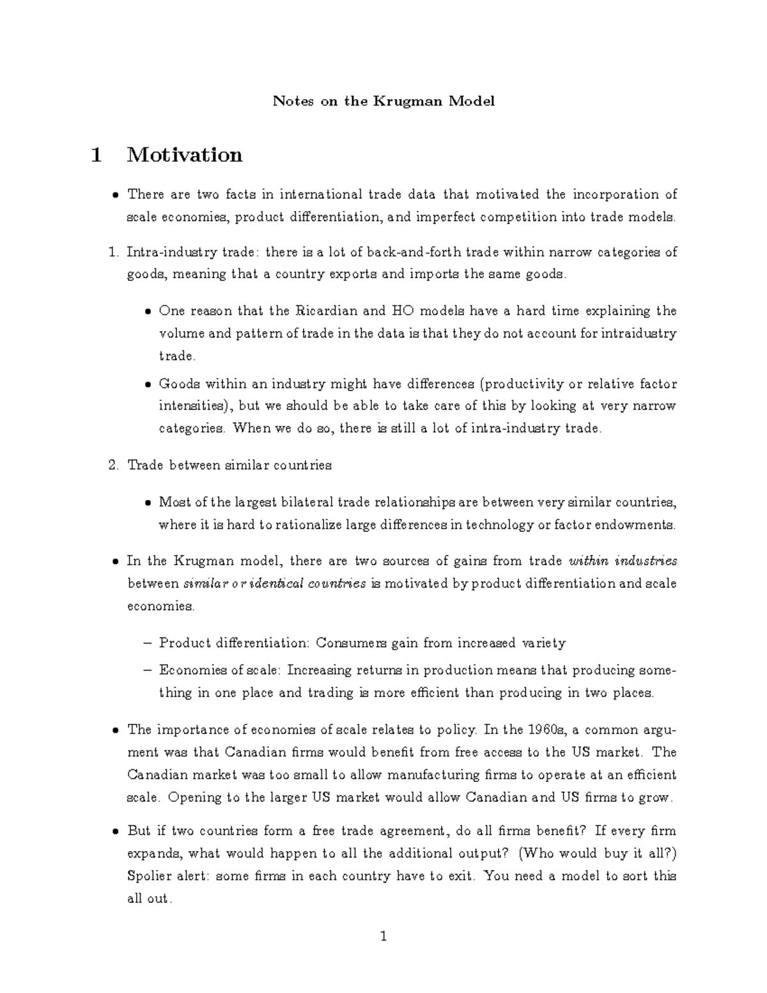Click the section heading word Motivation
point(185,155)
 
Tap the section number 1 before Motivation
point(97,155)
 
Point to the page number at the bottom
point(383,937)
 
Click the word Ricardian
point(327,311)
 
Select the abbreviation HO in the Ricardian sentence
point(402,311)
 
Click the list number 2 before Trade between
point(113,465)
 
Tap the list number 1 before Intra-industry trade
point(113,253)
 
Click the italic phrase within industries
point(623,561)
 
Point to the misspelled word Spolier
point(150,876)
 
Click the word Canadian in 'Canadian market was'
point(158,775)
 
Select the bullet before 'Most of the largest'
point(147,503)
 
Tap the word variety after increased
point(543,643)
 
